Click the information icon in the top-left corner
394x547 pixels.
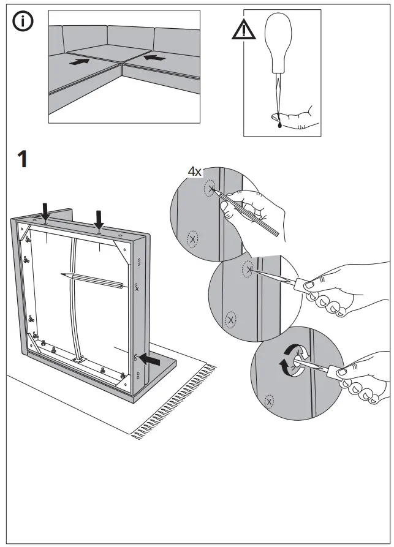pos(23,22)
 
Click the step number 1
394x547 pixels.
pos(21,159)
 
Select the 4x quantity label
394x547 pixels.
pos(194,172)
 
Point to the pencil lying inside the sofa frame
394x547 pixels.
pos(92,280)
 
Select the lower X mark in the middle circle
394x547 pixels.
pos(230,319)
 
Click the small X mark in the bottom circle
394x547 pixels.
pos(268,402)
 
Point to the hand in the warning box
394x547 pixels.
pos(300,117)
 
